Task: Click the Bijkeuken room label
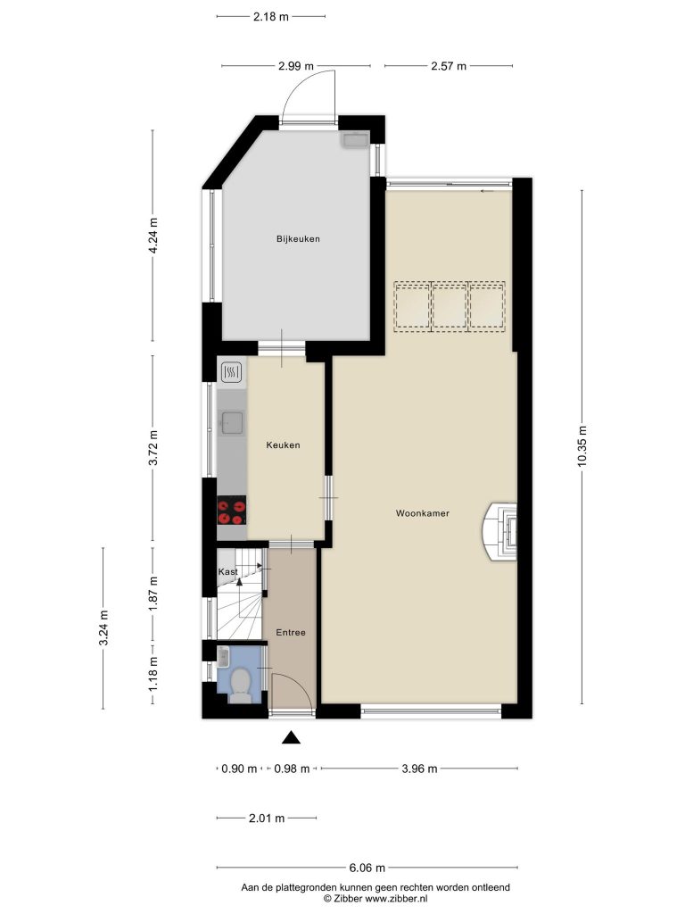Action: [298, 238]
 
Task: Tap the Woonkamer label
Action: [422, 513]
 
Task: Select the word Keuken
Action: [283, 445]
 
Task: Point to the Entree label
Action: [291, 633]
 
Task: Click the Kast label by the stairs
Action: [227, 572]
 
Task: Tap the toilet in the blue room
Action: [240, 684]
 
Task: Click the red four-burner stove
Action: [231, 511]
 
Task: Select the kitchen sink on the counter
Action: [232, 422]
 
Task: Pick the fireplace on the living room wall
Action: [499, 532]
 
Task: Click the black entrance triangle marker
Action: [292, 738]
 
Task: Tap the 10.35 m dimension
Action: [582, 446]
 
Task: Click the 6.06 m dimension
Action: [367, 868]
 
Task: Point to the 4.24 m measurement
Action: [153, 235]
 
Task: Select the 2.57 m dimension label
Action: [449, 66]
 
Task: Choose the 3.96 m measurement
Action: [419, 769]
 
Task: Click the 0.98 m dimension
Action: [292, 769]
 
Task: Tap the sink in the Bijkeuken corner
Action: [355, 140]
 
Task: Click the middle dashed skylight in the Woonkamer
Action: [450, 307]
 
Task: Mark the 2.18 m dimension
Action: [271, 16]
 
